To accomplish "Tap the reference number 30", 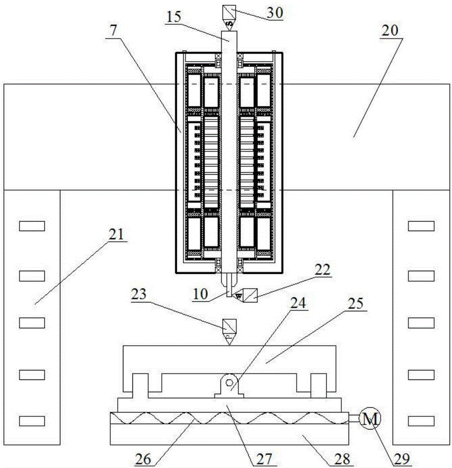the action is click(x=275, y=13).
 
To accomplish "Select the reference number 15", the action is click(x=174, y=17).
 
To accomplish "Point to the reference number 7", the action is click(x=113, y=30).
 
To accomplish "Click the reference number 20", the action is click(x=390, y=30).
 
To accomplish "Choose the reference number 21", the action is click(x=116, y=234).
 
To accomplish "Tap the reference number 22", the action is click(x=322, y=270).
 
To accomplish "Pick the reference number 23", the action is click(x=139, y=294).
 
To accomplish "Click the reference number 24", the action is click(x=299, y=303).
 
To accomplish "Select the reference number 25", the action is click(x=356, y=304).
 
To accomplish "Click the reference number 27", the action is click(x=264, y=459).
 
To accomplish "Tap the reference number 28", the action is click(x=342, y=459).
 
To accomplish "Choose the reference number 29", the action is click(x=402, y=459).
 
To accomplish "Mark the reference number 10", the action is click(x=200, y=294).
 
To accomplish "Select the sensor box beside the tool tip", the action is click(x=250, y=295).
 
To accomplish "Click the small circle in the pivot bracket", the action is click(x=229, y=383).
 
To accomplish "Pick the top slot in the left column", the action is click(x=32, y=226).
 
